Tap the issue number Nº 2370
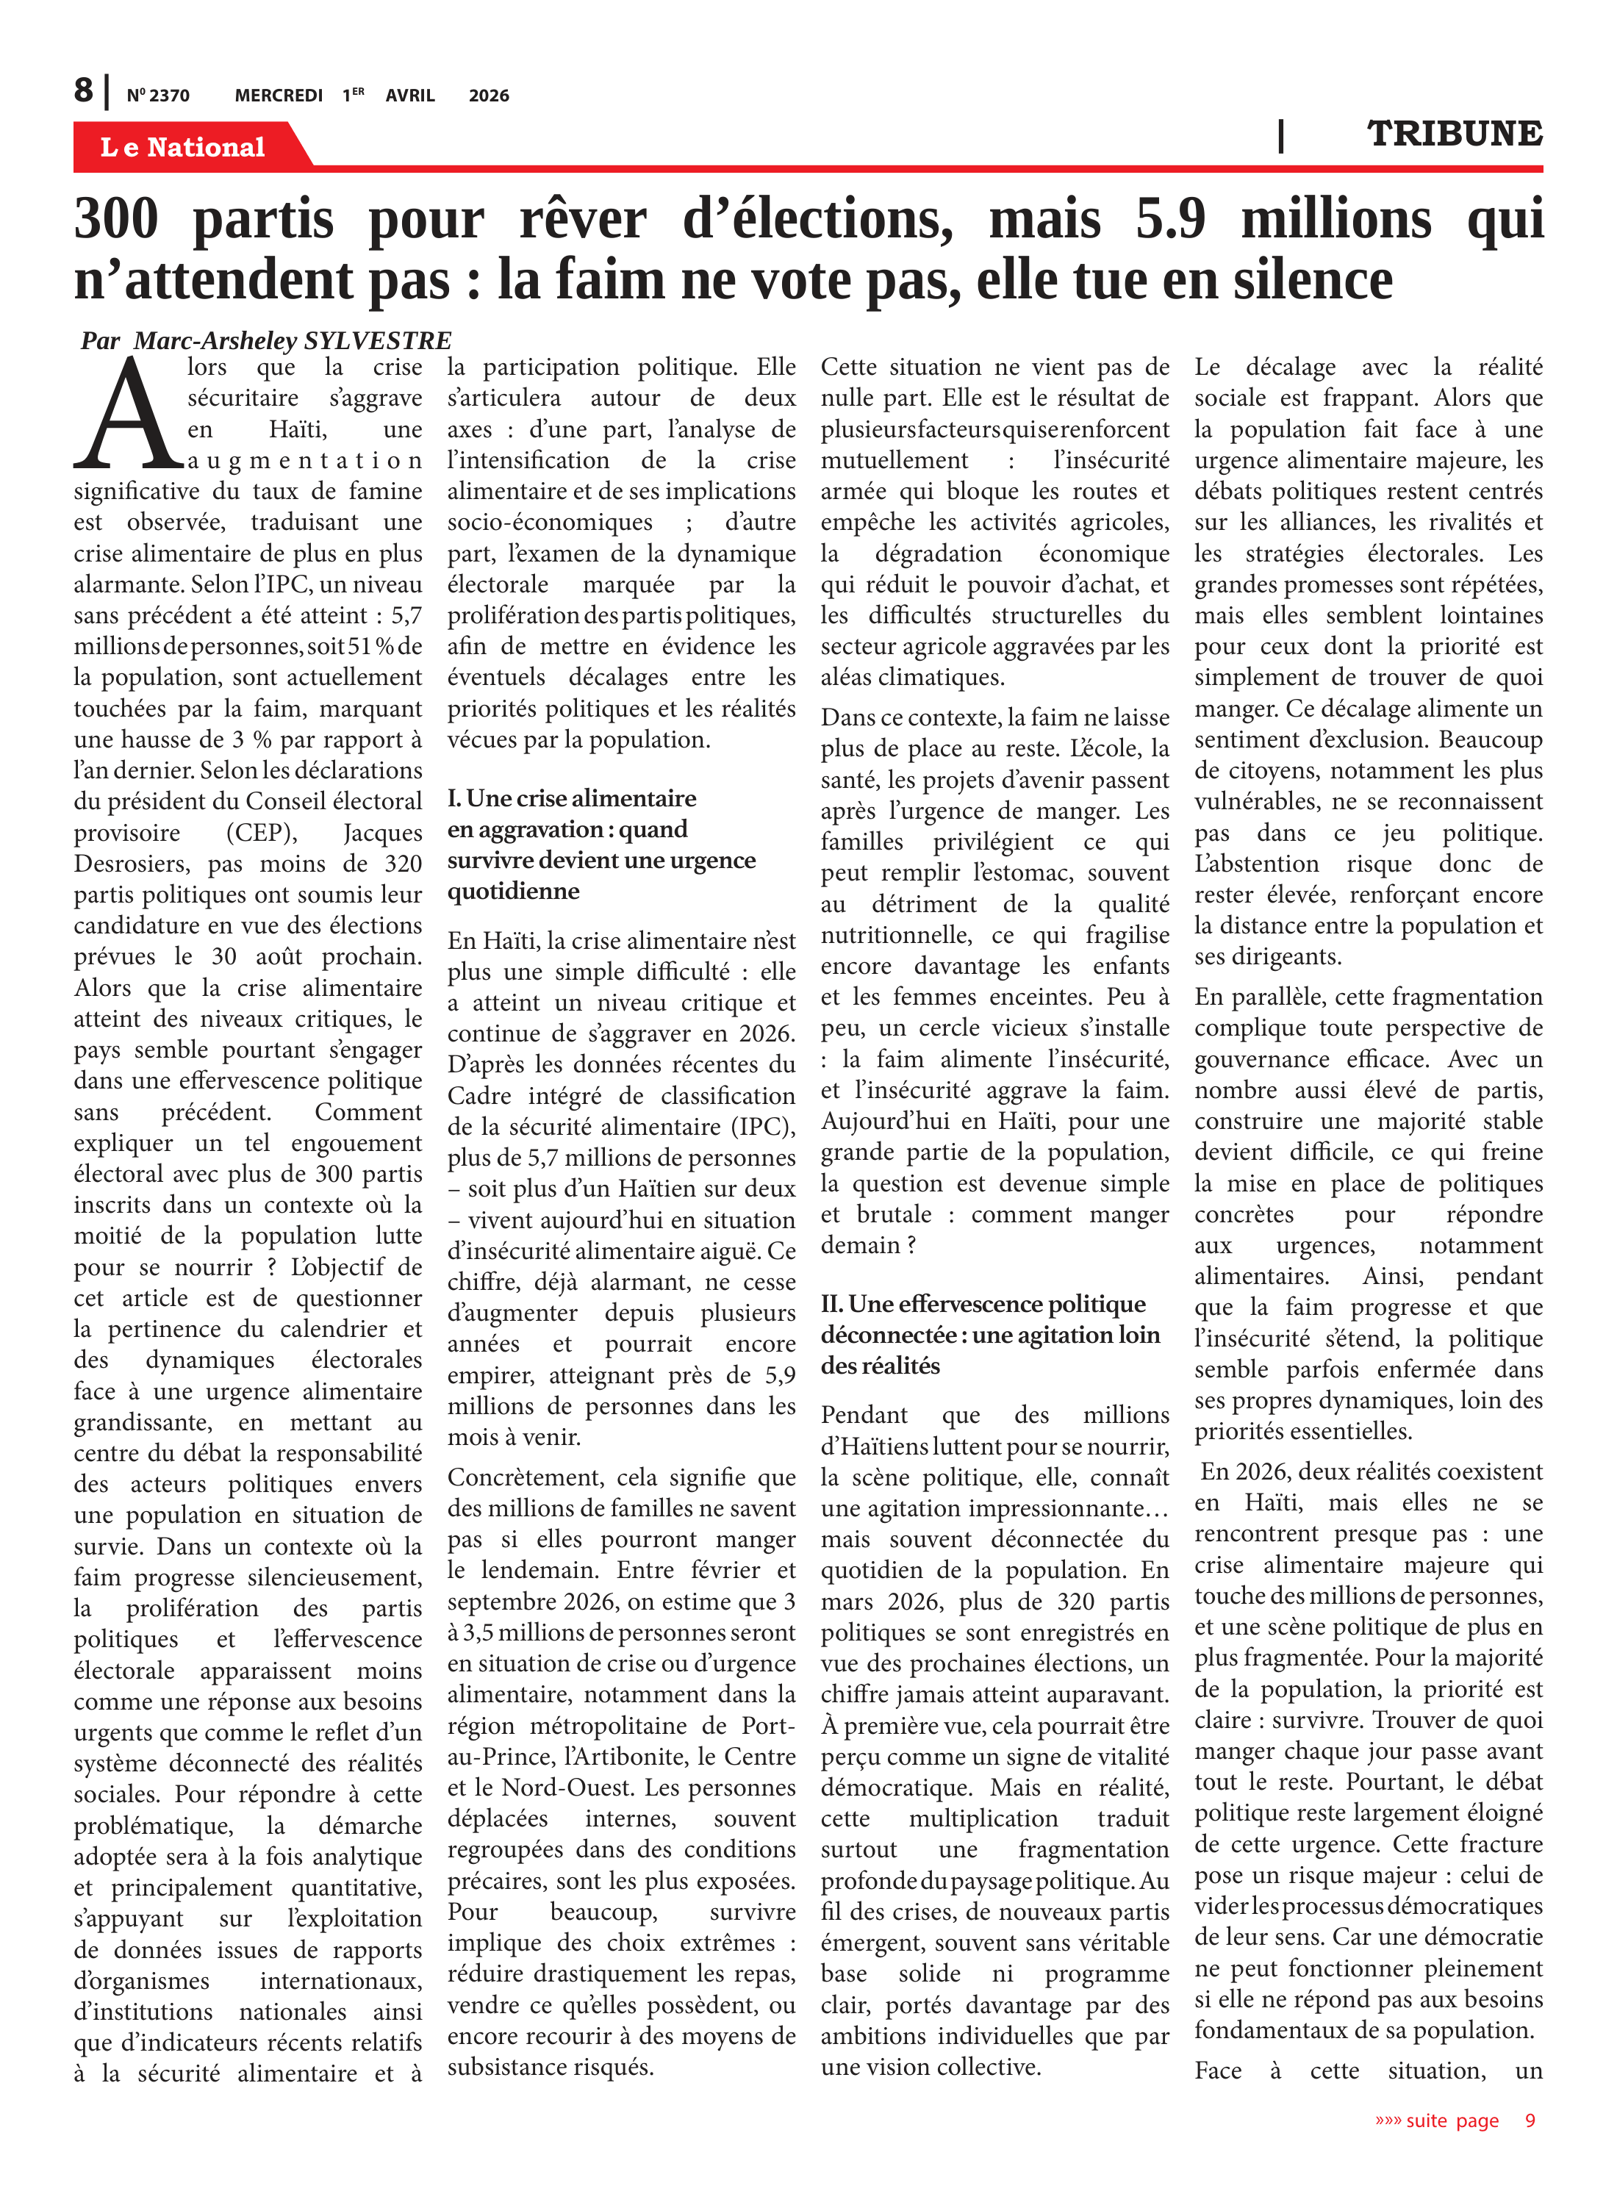coord(157,96)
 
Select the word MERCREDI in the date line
coord(278,96)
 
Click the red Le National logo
coord(183,147)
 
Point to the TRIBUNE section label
coord(1454,134)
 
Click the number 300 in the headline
coord(115,218)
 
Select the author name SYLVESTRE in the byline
coord(378,340)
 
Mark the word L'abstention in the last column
coord(1257,864)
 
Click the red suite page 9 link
coord(1455,2120)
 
